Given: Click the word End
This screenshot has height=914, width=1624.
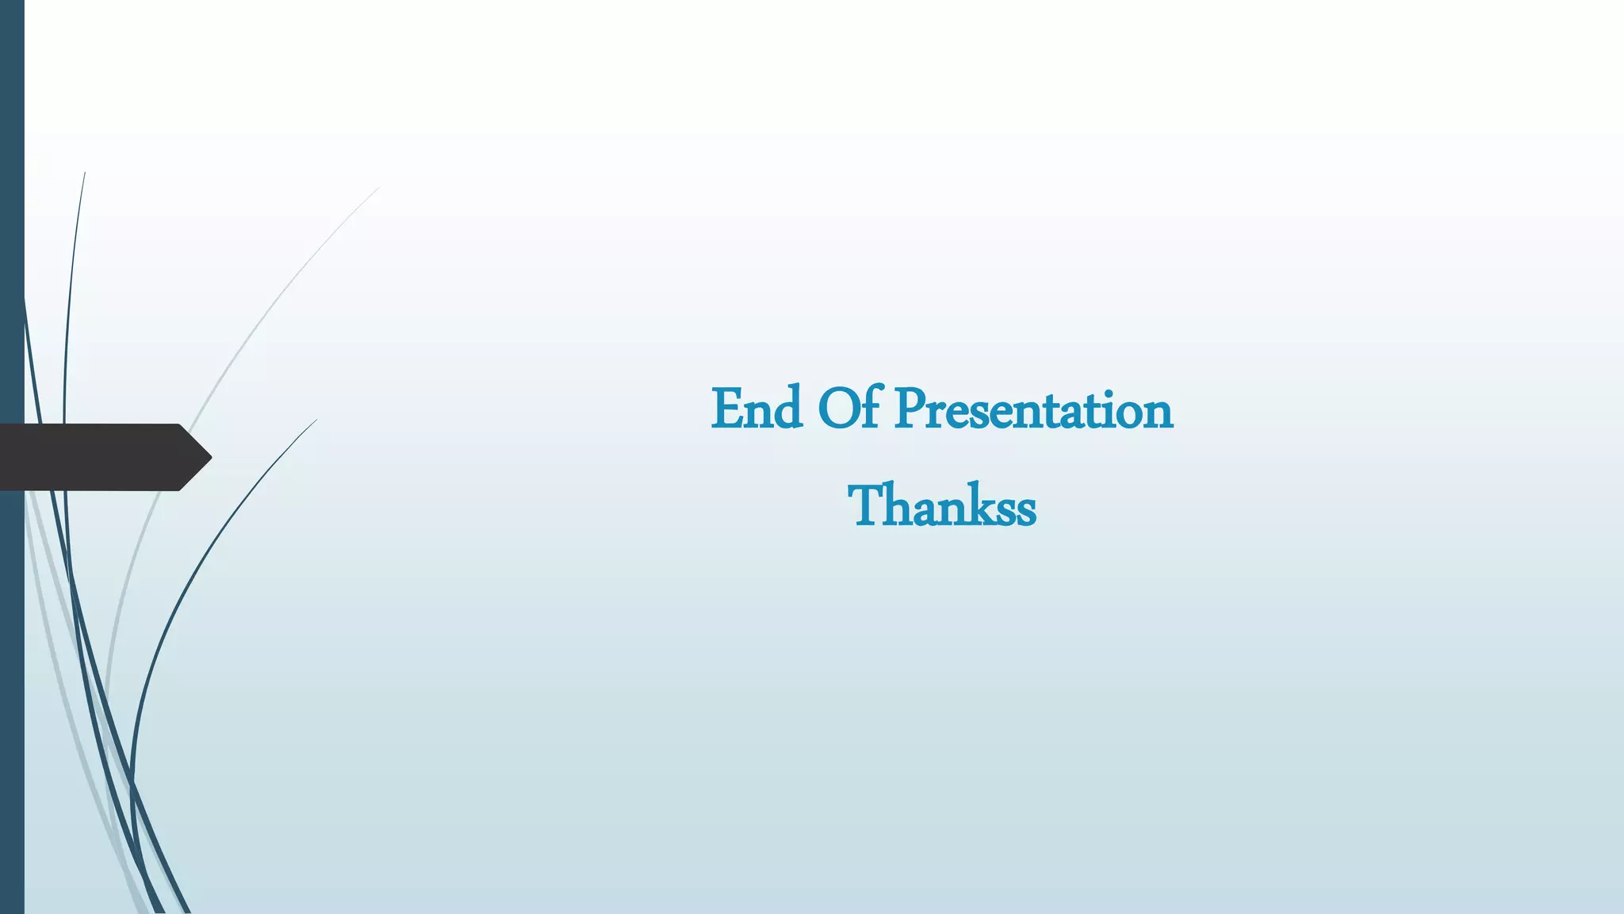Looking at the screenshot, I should click(756, 410).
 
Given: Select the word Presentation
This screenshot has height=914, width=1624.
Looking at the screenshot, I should click(1033, 410).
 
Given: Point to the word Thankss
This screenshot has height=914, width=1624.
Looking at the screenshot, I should click(941, 506).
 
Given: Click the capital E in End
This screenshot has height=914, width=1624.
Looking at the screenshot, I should click(726, 410).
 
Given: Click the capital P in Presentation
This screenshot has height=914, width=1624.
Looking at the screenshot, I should click(910, 410).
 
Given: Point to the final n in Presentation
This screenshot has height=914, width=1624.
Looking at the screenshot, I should click(1157, 414).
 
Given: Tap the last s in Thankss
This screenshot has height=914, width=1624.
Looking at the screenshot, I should click(1025, 510).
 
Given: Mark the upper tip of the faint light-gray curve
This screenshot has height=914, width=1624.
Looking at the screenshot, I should click(378, 188).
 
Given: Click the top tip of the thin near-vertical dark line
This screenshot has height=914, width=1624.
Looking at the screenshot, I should click(85, 173).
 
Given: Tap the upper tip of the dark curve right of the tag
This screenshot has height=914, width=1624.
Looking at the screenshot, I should click(316, 421).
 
